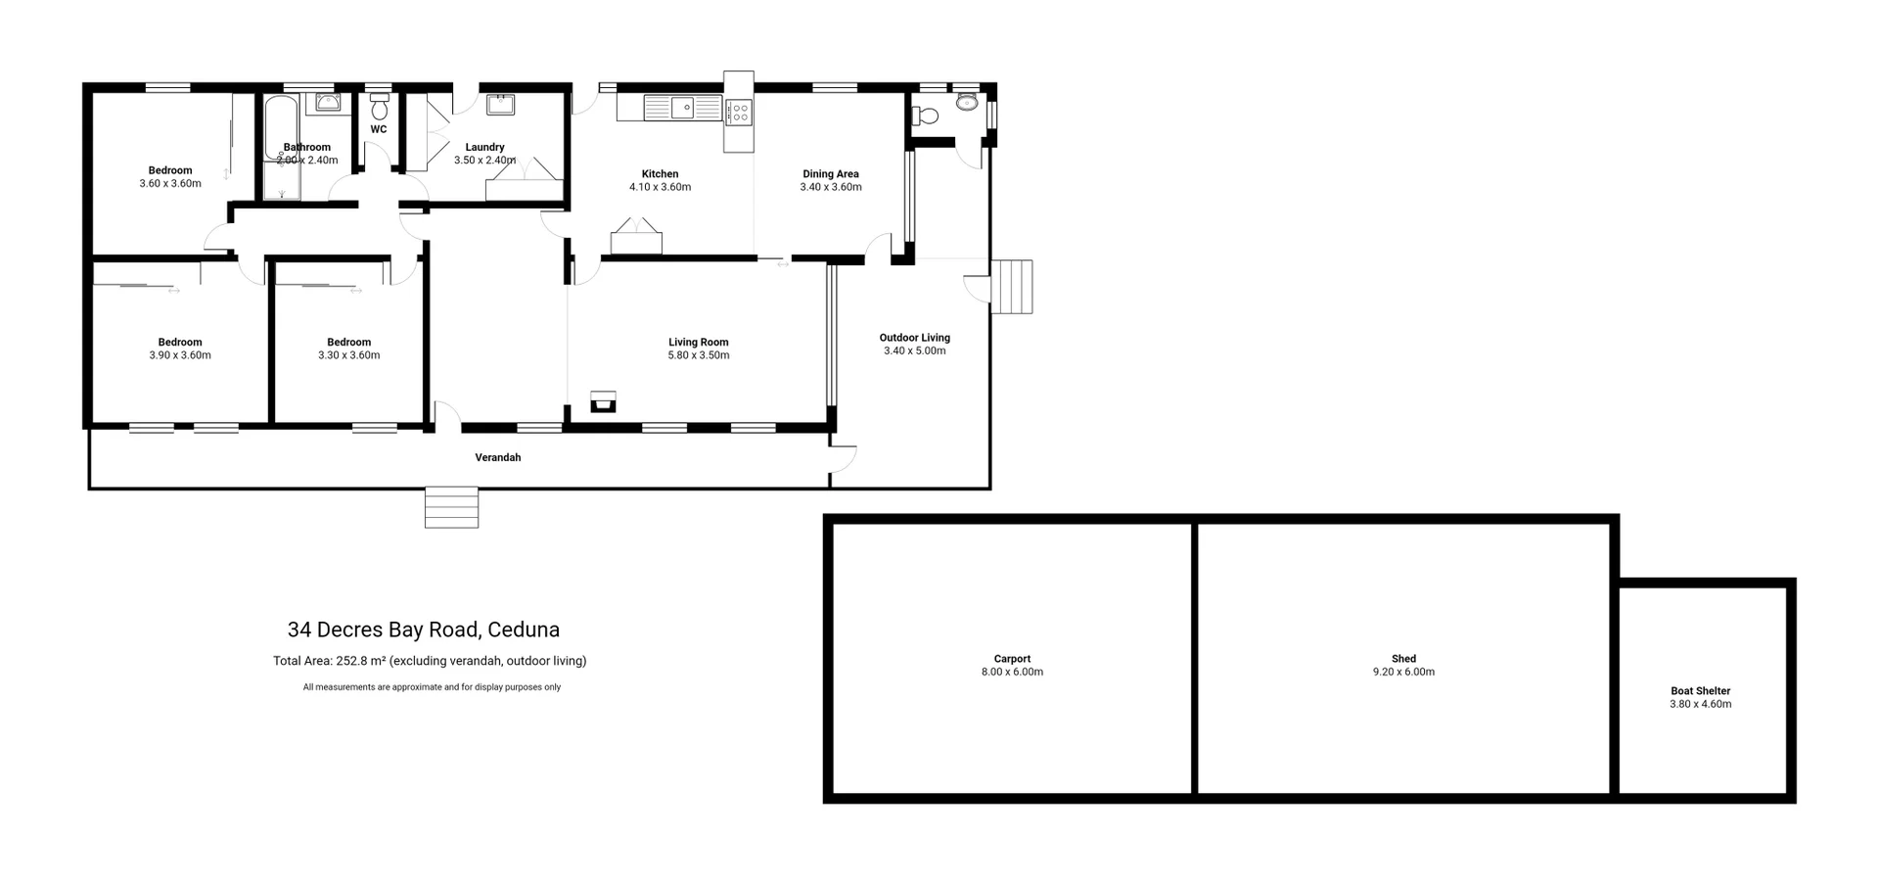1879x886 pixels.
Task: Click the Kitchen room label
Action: click(660, 174)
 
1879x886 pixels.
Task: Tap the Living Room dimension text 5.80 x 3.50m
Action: click(698, 355)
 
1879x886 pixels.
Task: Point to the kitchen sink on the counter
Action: click(682, 108)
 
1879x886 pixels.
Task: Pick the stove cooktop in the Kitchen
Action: click(739, 113)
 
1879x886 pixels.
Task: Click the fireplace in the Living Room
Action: click(603, 401)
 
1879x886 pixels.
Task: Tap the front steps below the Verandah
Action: click(451, 507)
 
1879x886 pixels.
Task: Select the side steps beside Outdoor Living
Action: click(1012, 286)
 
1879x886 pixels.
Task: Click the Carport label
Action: click(1012, 659)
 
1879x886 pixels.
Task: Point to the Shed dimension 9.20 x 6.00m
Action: click(1403, 673)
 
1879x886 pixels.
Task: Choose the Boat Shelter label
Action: click(1700, 691)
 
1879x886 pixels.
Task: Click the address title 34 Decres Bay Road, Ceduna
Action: click(424, 630)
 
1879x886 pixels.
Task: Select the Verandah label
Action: click(497, 457)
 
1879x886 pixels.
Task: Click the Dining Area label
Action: click(830, 174)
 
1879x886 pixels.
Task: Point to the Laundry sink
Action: click(501, 103)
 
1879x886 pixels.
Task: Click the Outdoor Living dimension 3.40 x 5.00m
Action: click(914, 350)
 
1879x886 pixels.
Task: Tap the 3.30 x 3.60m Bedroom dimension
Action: click(348, 355)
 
